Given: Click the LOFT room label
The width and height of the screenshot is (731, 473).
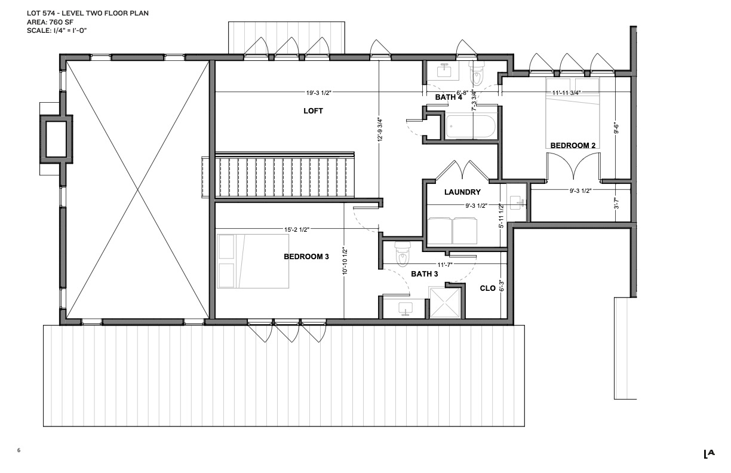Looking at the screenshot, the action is pos(313,111).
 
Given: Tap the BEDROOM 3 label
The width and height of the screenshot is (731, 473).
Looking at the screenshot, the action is pos(306,257).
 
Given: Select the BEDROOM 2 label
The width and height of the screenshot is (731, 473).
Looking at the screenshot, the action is pos(573,146).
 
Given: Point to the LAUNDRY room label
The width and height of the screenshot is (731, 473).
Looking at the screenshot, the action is pos(462,192).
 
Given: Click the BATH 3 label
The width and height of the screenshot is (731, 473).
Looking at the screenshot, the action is pos(424,274).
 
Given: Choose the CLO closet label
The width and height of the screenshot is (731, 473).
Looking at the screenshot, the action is pos(487,288).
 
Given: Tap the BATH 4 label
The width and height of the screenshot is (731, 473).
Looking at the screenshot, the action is pos(449,97).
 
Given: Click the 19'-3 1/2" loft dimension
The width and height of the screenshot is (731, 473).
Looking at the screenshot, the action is pos(318,93).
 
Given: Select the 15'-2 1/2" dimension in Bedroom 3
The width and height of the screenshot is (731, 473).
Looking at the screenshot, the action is pos(297,230).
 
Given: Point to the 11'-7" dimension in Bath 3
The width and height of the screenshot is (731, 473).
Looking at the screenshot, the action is pos(445,265).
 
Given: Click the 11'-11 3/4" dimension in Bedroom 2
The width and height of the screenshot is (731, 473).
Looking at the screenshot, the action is pos(566,93).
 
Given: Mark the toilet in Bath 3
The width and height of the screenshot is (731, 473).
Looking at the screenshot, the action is pos(401,254).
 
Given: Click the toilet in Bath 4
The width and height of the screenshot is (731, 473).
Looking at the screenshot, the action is pos(477,74).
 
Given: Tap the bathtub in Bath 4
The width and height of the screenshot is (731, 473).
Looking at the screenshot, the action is pos(471,127).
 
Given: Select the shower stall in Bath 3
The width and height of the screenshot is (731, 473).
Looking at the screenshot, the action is pos(444,302).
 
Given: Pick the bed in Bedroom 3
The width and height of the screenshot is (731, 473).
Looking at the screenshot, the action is pos(253,261).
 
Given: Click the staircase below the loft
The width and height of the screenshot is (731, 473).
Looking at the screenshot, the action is pos(284,176).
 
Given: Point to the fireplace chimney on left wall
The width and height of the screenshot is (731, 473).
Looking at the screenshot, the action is pos(56,139).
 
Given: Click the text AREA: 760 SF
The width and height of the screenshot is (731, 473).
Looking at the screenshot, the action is pos(50,22).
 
